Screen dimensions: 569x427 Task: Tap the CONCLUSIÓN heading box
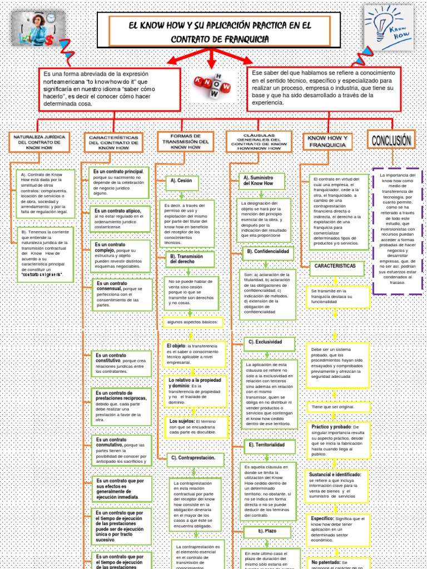click(x=391, y=139)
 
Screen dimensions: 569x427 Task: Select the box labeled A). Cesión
click(x=182, y=181)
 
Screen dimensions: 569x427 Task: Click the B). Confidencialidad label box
click(x=268, y=252)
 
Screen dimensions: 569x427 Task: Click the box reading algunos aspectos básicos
click(x=192, y=322)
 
